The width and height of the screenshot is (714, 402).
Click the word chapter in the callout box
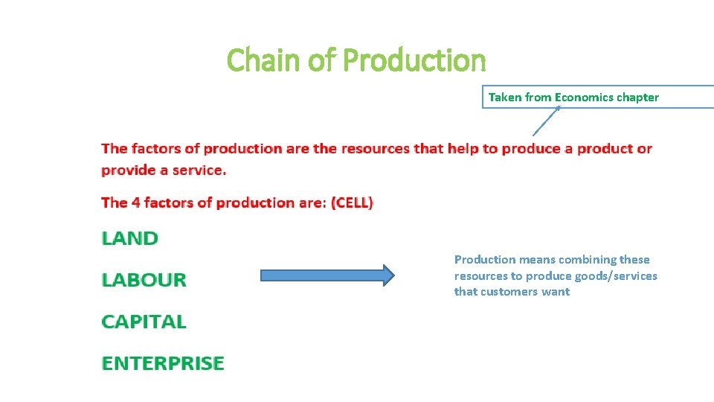coord(637,98)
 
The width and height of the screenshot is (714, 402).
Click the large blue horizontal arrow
coord(327,275)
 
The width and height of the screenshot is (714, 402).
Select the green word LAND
coord(130,239)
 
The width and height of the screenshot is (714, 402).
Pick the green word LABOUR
coord(144,281)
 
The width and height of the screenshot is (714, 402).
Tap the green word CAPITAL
coord(144,322)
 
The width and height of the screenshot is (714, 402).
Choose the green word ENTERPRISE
coord(163,364)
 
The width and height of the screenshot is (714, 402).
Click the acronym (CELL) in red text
coord(352,202)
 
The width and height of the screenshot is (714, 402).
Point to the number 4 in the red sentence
coord(135,202)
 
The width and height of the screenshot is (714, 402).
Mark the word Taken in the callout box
coord(505,98)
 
